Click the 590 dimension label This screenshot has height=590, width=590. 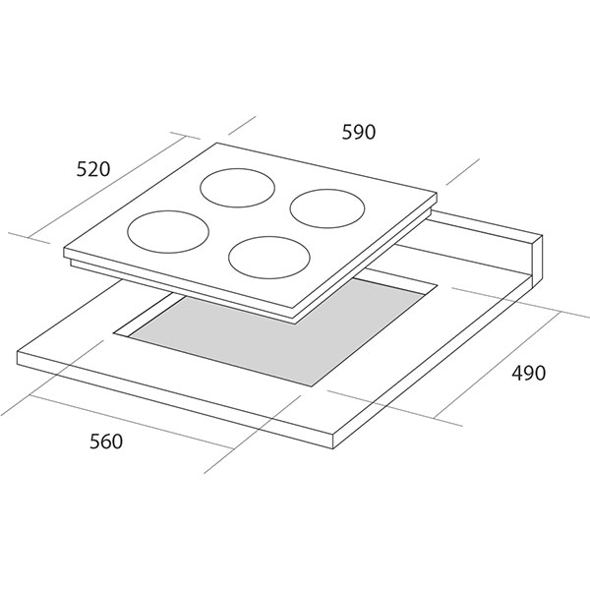coord(359,132)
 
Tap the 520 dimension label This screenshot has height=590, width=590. coord(93,169)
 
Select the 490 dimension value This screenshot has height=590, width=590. coord(528,373)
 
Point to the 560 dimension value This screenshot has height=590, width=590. coord(106,441)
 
